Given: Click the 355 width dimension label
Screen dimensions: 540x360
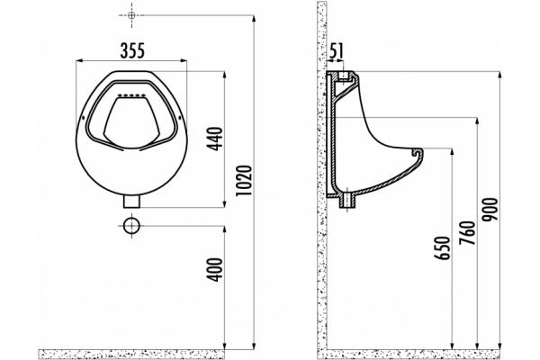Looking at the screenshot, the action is [132, 50].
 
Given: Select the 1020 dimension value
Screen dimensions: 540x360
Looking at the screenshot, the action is [244, 181].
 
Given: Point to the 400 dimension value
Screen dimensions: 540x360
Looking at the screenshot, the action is [216, 270].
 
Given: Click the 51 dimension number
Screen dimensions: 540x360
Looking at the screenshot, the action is [336, 50].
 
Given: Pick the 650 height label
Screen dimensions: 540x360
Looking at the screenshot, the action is [443, 247].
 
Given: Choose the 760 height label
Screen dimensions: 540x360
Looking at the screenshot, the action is [467, 233].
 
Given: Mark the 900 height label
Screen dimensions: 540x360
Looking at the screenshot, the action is [490, 209].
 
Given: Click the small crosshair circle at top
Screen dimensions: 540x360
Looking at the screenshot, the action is [131, 15].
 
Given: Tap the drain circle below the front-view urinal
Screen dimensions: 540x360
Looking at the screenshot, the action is [132, 226].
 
